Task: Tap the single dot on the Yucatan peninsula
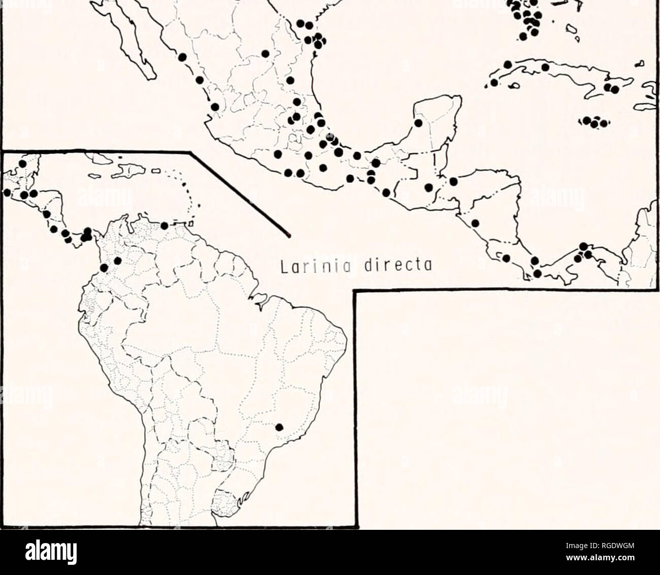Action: [418, 123]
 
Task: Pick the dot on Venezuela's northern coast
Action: [164, 226]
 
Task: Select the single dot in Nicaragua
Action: [475, 223]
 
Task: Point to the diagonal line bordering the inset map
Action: [239, 193]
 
